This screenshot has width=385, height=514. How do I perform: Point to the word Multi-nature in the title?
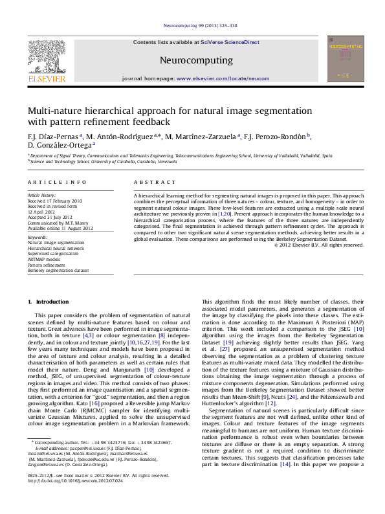(55, 111)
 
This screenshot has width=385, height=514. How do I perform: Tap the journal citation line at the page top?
(192, 26)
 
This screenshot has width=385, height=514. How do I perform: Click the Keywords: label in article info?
(38, 237)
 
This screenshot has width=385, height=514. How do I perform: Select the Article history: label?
(41, 195)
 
